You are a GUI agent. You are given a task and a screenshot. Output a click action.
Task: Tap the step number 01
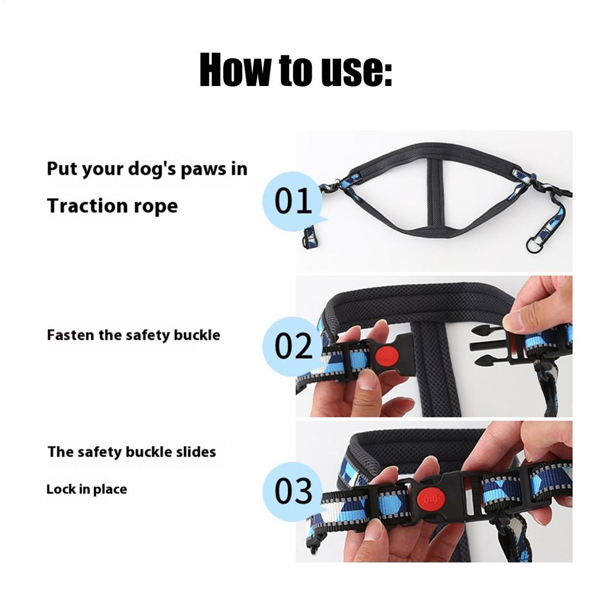tap(294, 201)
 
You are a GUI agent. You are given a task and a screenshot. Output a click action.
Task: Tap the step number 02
tap(294, 346)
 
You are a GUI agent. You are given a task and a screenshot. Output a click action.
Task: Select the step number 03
tap(294, 492)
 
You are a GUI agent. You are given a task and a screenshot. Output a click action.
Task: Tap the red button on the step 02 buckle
tap(386, 356)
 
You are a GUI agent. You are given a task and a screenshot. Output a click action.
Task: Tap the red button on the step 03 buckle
tap(431, 498)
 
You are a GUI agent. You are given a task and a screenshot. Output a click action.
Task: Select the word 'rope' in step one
tap(156, 205)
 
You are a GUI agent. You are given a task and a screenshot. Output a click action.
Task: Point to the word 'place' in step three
tap(111, 489)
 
